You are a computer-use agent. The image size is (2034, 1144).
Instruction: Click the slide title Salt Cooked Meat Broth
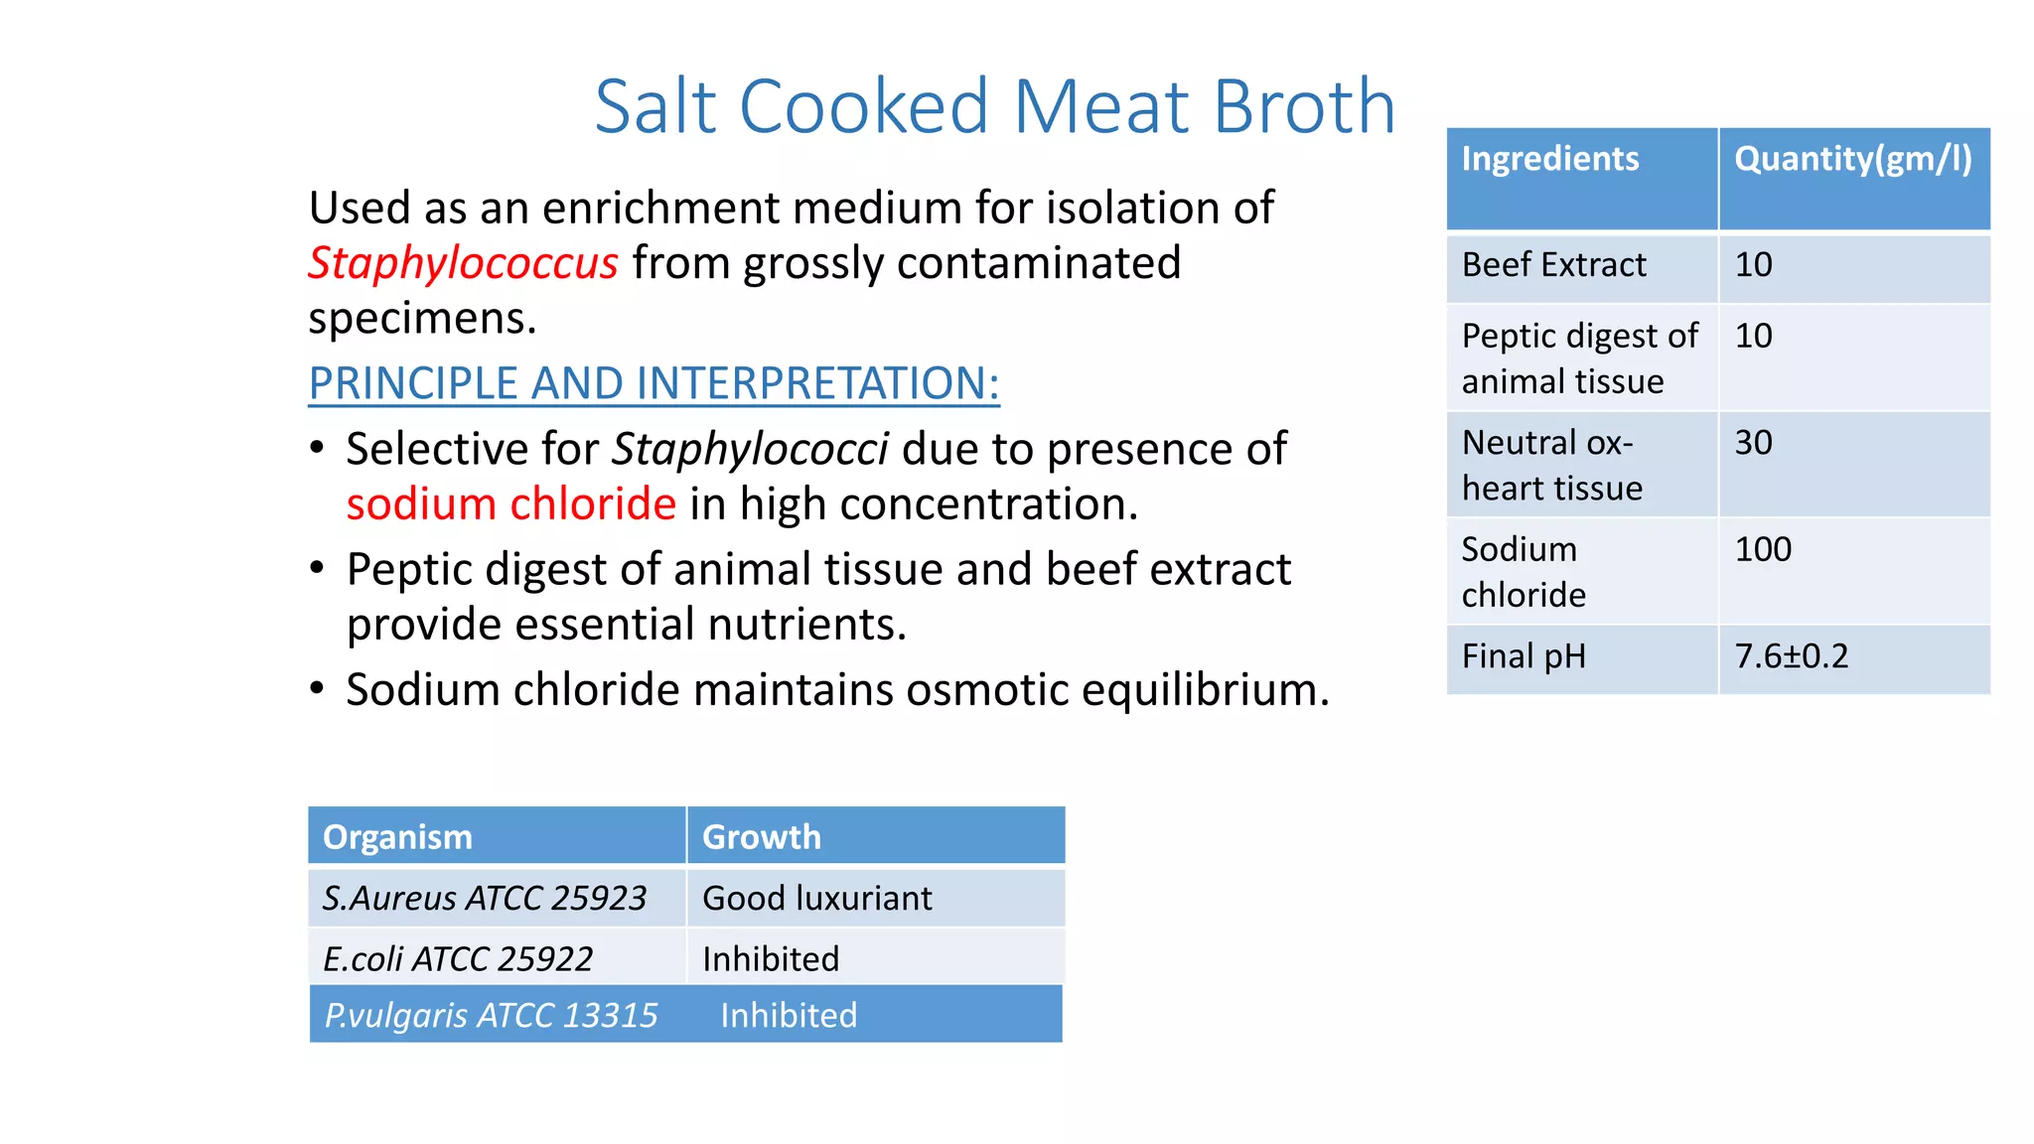(994, 106)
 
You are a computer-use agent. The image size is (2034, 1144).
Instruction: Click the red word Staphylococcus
(463, 264)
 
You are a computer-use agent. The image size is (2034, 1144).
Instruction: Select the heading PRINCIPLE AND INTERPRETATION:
(654, 383)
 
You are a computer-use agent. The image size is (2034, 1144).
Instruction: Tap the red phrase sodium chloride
(511, 504)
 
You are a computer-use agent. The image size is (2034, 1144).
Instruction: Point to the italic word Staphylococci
(750, 449)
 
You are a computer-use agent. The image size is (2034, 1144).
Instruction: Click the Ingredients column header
(1549, 159)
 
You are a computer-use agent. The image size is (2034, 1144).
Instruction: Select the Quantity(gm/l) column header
(1852, 159)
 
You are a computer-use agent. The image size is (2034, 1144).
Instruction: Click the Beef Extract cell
(1553, 265)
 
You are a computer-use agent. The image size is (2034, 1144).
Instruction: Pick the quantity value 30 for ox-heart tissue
(1753, 443)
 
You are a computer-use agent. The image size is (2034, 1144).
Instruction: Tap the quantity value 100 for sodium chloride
(1763, 549)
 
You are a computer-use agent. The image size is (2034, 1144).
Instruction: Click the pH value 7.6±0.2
(1791, 656)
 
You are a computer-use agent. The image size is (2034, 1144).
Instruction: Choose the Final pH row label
(1524, 656)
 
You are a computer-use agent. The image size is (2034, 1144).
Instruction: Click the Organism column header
(397, 837)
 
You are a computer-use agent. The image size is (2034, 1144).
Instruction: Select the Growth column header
(762, 837)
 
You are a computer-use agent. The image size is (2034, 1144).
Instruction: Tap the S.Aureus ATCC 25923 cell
(485, 899)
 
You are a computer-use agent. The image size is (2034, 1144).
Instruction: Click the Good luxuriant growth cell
(816, 899)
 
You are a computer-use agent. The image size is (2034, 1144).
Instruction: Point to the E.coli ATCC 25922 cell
(458, 959)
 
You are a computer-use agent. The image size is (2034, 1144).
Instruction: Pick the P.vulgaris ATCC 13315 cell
(491, 1016)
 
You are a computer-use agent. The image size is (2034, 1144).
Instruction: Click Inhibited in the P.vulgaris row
(789, 1016)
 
